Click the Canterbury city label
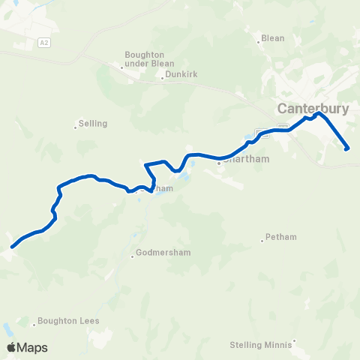pyautogui.click(x=313, y=108)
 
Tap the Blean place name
pyautogui.click(x=271, y=38)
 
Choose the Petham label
pyautogui.click(x=281, y=237)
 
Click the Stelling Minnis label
pyautogui.click(x=260, y=345)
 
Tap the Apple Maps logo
pyautogui.click(x=26, y=347)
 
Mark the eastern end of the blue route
pyautogui.click(x=347, y=148)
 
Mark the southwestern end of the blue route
pyautogui.click(x=12, y=246)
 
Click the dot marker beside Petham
pyautogui.click(x=262, y=240)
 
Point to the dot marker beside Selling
pyautogui.click(x=75, y=127)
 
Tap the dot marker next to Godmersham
pyautogui.click(x=132, y=256)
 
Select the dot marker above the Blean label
pyautogui.click(x=259, y=42)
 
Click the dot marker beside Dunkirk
pyautogui.click(x=162, y=78)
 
